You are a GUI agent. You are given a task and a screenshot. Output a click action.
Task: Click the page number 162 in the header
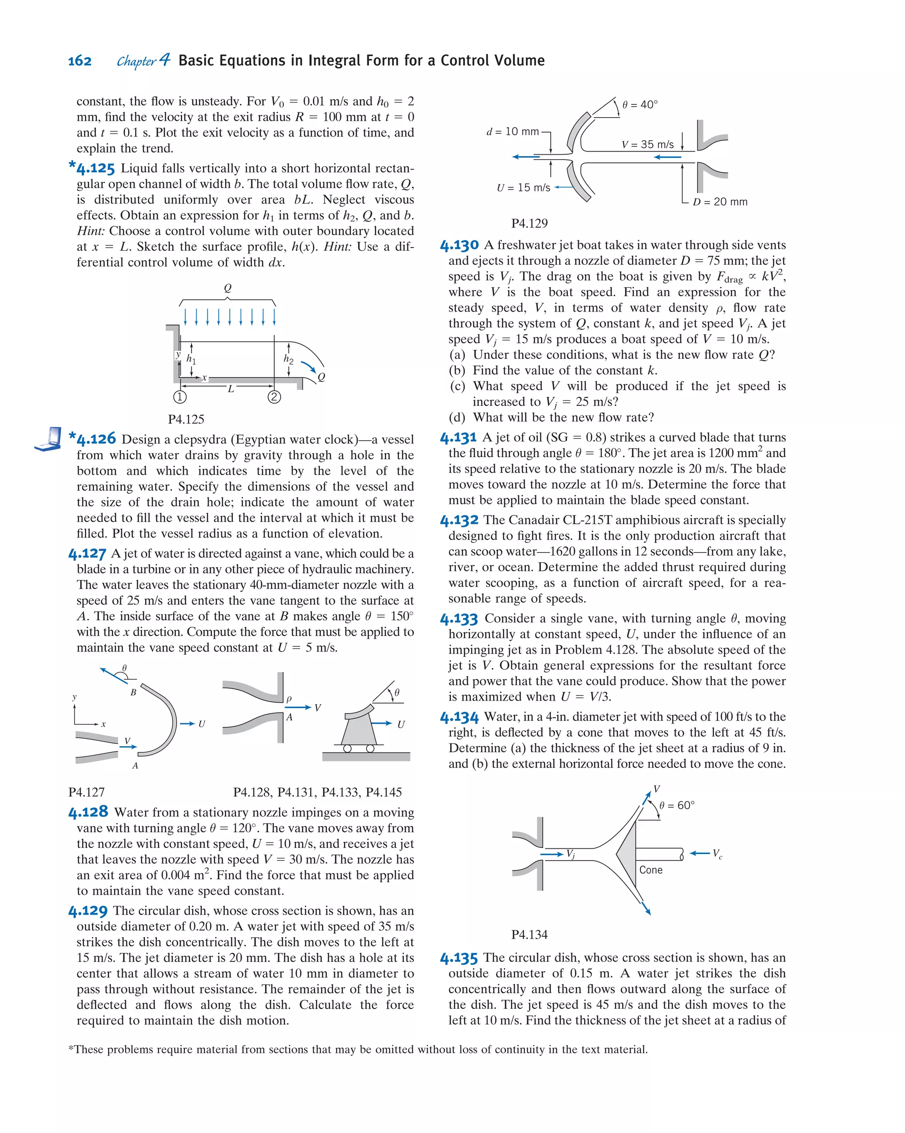[80, 61]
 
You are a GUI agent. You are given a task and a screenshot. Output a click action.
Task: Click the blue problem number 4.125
[95, 169]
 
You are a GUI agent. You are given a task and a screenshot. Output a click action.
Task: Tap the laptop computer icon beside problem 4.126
[48, 439]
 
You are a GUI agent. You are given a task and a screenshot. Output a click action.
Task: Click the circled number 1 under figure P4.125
[180, 397]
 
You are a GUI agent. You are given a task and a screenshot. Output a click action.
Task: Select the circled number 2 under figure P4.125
[274, 397]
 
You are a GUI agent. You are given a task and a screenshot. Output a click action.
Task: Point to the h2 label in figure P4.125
[289, 359]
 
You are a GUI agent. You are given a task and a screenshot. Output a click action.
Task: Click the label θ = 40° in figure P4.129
[639, 105]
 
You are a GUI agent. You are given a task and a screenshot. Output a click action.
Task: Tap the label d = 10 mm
[513, 131]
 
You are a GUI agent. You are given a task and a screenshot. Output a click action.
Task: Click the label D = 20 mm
[719, 202]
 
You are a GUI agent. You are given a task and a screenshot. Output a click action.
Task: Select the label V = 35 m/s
[647, 145]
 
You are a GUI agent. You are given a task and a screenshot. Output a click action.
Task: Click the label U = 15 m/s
[523, 187]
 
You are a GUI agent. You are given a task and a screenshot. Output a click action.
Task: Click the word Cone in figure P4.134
[651, 870]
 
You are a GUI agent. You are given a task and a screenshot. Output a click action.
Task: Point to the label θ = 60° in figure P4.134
[677, 805]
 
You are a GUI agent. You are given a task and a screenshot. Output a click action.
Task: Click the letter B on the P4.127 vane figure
[133, 692]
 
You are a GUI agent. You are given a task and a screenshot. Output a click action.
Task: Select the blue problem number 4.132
[459, 520]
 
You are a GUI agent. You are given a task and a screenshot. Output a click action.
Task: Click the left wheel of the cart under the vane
[347, 748]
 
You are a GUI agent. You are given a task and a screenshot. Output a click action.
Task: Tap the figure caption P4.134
[529, 935]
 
